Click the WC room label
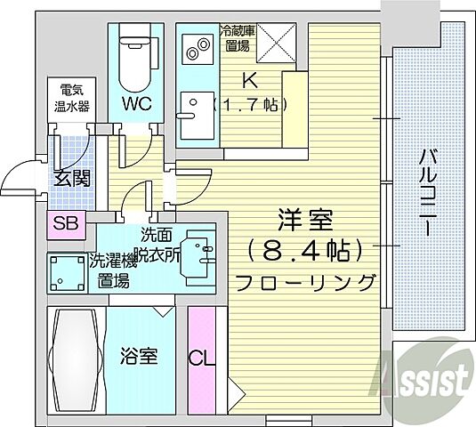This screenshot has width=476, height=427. (x=136, y=103)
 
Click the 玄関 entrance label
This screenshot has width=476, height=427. (x=71, y=178)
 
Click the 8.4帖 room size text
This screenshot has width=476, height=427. (x=305, y=247)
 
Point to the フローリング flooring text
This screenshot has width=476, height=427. (x=302, y=282)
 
